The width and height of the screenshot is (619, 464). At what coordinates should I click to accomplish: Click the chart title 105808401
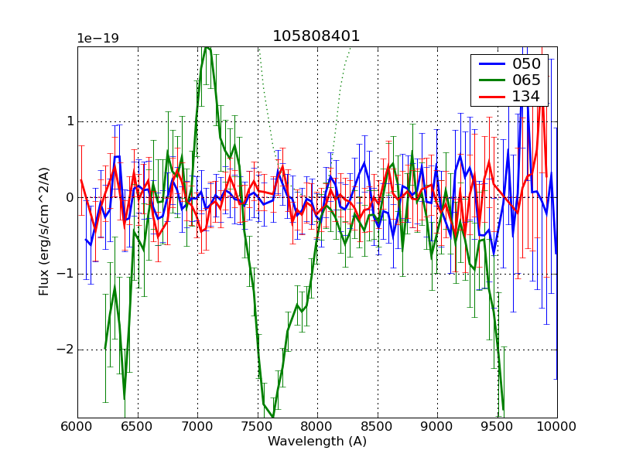(316, 36)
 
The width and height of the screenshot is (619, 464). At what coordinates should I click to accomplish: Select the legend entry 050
(527, 64)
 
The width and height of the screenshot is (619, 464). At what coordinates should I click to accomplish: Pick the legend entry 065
(527, 80)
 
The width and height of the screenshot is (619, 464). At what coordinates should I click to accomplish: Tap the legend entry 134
(527, 97)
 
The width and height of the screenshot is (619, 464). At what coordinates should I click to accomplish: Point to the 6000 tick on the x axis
(77, 428)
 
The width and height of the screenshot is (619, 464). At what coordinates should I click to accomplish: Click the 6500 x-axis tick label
(138, 428)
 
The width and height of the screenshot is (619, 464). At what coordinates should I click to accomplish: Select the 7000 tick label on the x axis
(197, 428)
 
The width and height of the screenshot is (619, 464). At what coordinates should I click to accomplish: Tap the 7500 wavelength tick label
(258, 428)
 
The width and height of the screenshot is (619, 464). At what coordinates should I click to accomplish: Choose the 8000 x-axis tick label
(317, 428)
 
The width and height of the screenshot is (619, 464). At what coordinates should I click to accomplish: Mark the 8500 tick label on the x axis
(378, 428)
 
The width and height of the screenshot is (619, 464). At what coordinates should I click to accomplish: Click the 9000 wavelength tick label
(437, 428)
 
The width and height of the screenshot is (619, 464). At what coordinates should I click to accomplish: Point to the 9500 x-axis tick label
(498, 428)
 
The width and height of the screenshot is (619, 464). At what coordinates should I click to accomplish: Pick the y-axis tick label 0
(68, 198)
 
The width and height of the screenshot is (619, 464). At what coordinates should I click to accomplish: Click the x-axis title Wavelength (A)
(317, 442)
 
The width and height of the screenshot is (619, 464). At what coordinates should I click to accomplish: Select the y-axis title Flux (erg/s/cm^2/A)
(44, 232)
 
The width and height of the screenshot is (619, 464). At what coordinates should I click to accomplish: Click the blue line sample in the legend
(490, 64)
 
